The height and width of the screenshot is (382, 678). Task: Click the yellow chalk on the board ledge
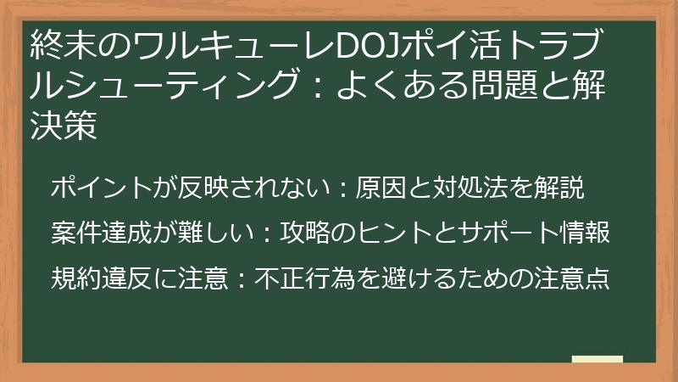[x=597, y=360]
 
